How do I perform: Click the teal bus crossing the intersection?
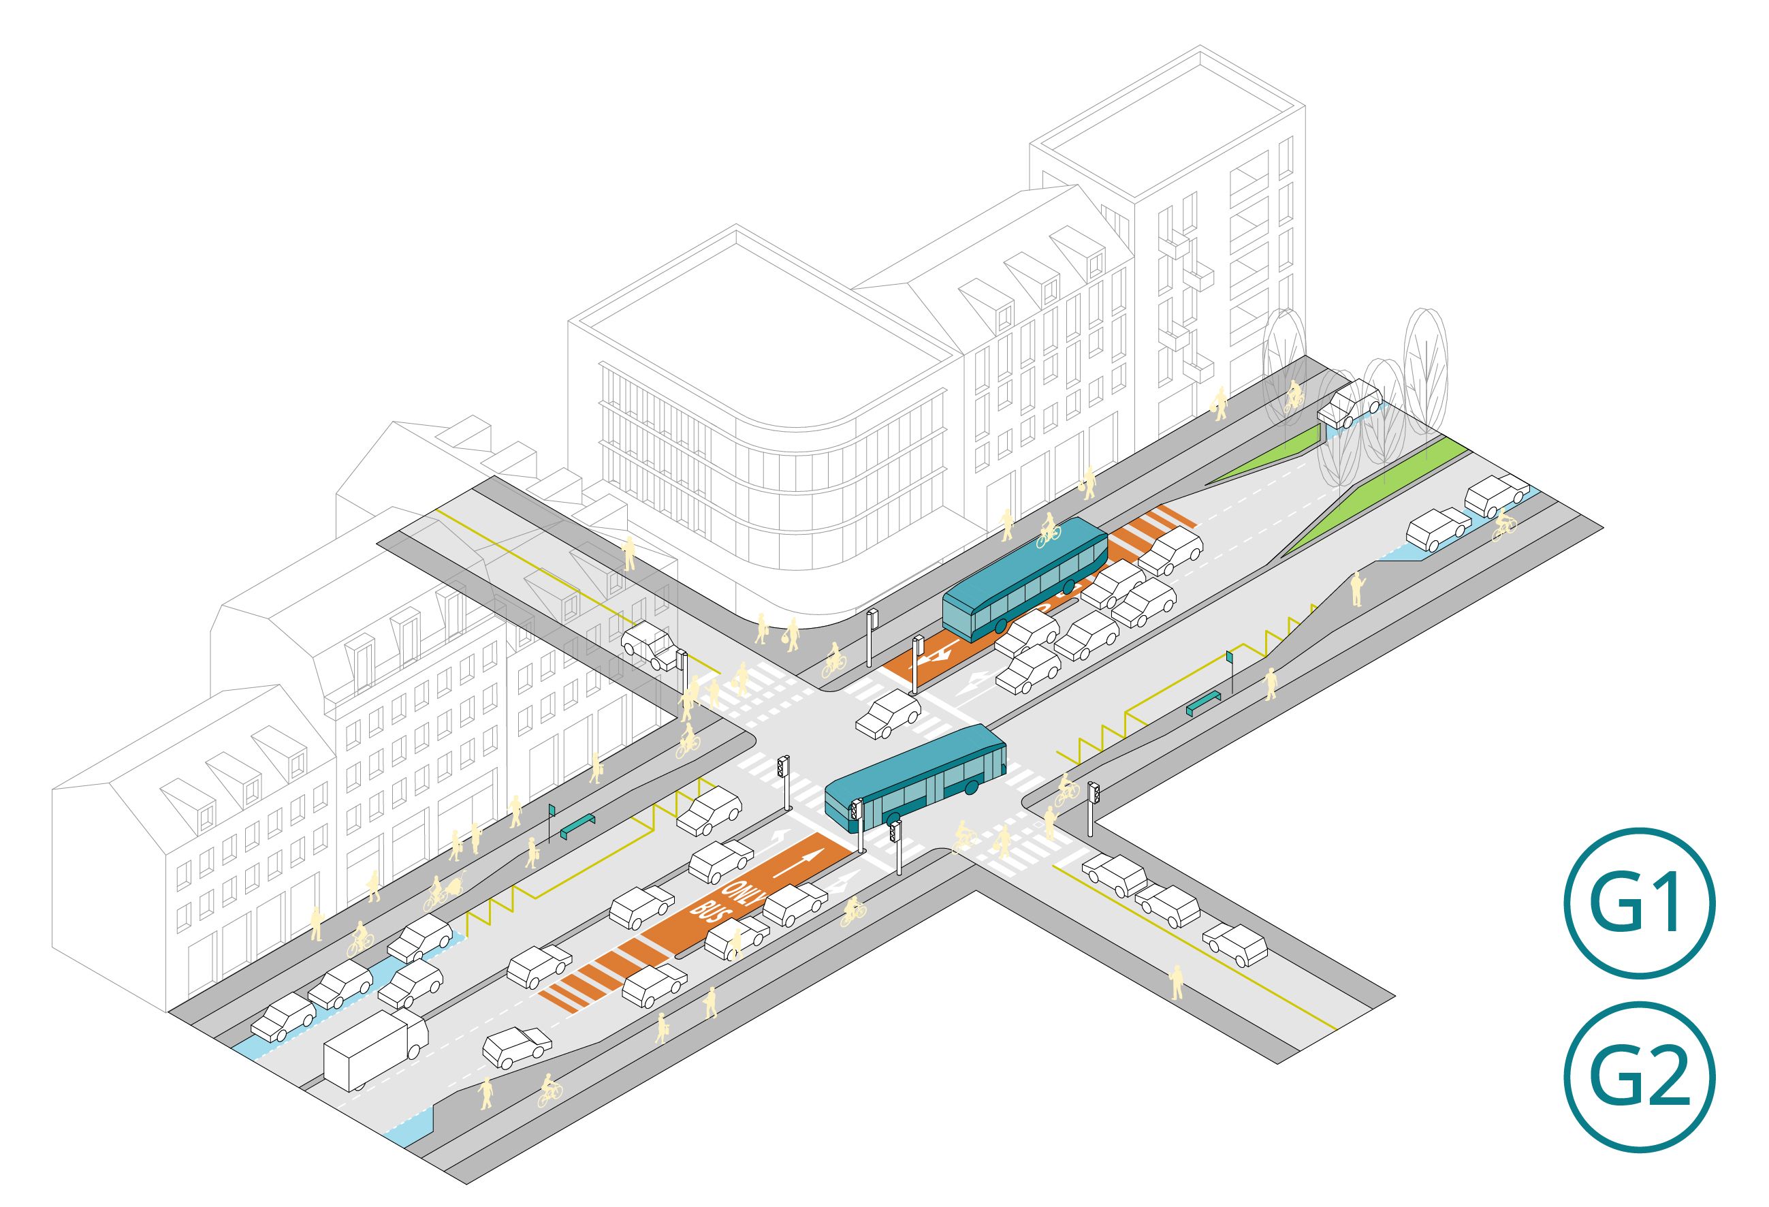[915, 777]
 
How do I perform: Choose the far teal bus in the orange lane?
[1025, 580]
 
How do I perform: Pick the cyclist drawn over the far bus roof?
[1049, 529]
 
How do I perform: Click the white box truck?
[375, 1050]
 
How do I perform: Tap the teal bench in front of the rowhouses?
[577, 826]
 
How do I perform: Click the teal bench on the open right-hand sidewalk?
[1203, 702]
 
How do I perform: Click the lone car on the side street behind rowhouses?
[650, 646]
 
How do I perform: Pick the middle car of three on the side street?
[1168, 906]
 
